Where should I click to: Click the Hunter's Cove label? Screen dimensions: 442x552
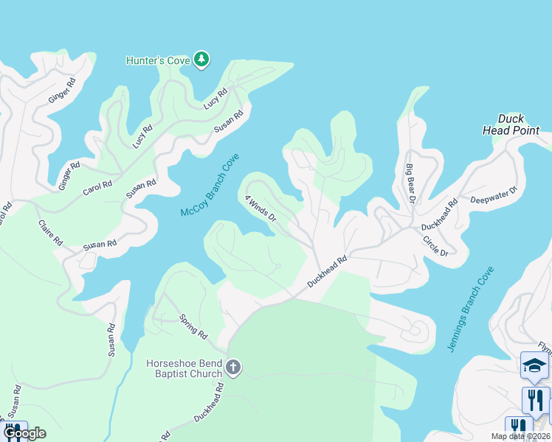pyautogui.click(x=159, y=60)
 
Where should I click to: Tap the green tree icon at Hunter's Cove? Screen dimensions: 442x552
pyautogui.click(x=201, y=60)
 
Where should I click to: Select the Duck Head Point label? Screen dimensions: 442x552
pyautogui.click(x=511, y=124)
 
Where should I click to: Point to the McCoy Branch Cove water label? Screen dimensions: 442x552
pyautogui.click(x=210, y=190)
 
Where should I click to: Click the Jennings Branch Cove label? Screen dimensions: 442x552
pyautogui.click(x=471, y=309)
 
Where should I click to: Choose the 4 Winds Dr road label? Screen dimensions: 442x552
pyautogui.click(x=261, y=208)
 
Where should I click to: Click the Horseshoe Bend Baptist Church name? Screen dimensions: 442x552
pyautogui.click(x=184, y=368)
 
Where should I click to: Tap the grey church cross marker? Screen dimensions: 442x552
pyautogui.click(x=233, y=368)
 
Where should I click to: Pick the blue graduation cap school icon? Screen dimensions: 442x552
pyautogui.click(x=535, y=364)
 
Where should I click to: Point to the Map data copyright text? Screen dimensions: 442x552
pyautogui.click(x=521, y=436)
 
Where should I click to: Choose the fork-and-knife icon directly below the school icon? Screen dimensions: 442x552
pyautogui.click(x=536, y=401)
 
